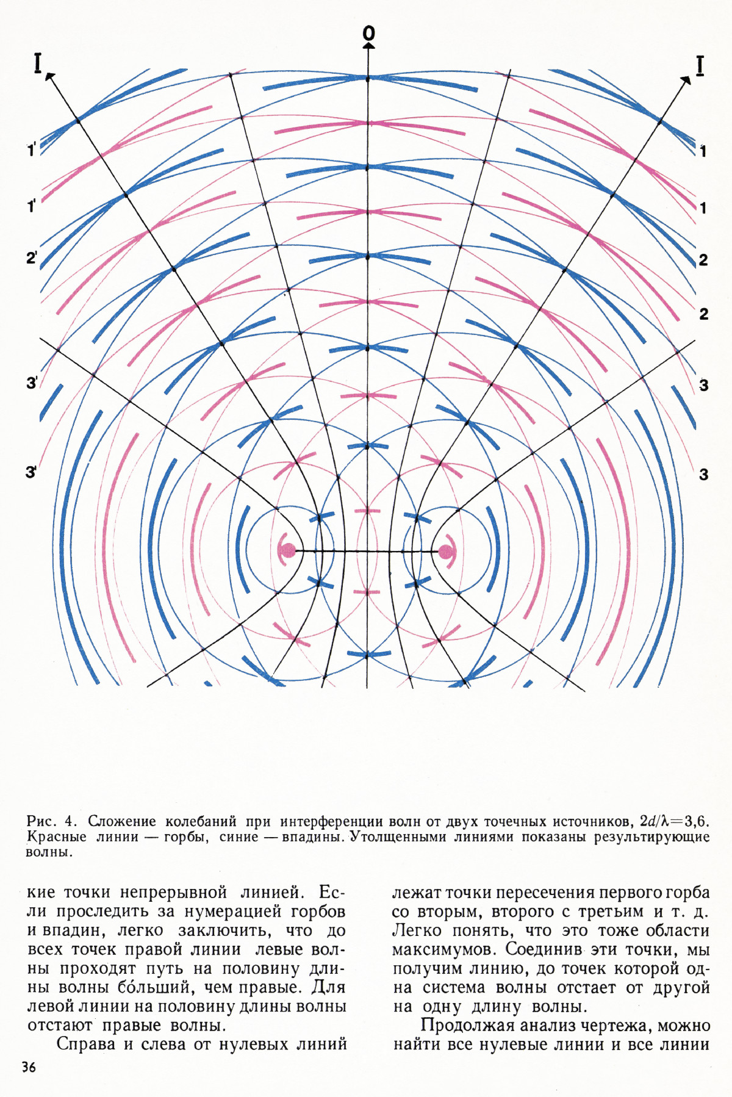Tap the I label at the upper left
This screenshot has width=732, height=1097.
click(x=38, y=63)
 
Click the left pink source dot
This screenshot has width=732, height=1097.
click(x=287, y=550)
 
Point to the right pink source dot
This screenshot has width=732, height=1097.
click(x=446, y=552)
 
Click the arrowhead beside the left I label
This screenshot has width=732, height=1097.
click(x=49, y=76)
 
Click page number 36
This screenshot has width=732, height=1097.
click(x=29, y=1067)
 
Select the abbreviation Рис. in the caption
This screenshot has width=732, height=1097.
click(x=41, y=820)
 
